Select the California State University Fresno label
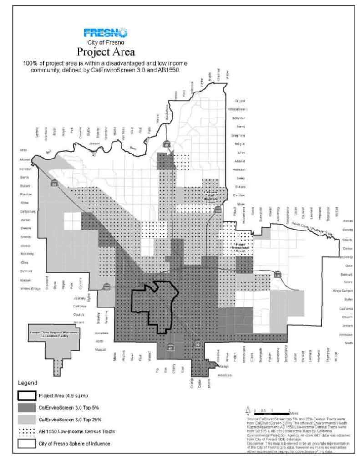pos(213,197)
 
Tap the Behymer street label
pos(239,118)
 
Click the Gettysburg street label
pos(26,211)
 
